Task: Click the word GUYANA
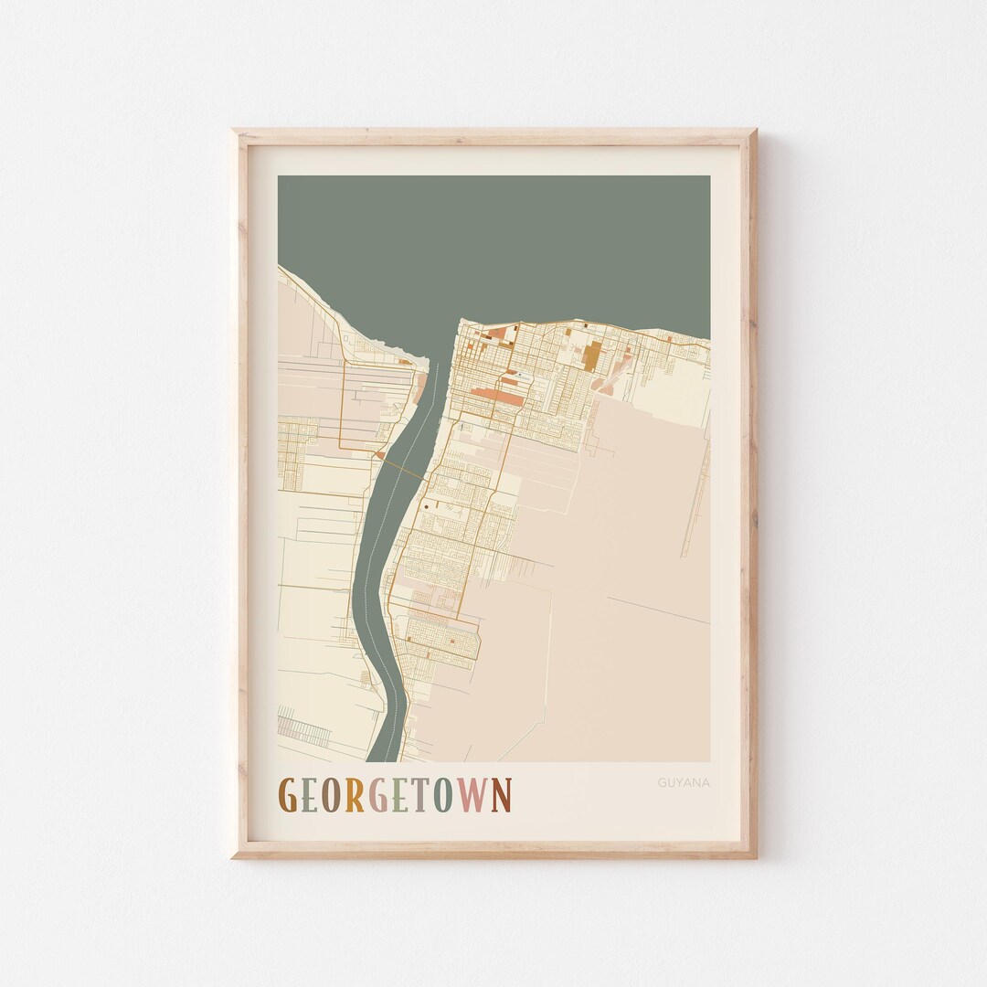[x=684, y=782]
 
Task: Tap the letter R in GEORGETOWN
[x=353, y=795]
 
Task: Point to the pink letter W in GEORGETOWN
[x=472, y=795]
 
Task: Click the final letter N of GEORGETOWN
[x=501, y=795]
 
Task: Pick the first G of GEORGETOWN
[x=286, y=795]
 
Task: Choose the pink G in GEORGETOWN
[x=377, y=795]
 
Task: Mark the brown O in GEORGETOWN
[x=330, y=795]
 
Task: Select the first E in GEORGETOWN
[x=308, y=795]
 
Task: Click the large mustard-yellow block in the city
[x=593, y=355]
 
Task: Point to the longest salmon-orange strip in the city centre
[x=499, y=395]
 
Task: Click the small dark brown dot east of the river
[x=426, y=504]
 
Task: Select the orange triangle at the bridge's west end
[x=378, y=453]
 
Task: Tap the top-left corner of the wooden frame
[x=234, y=132]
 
